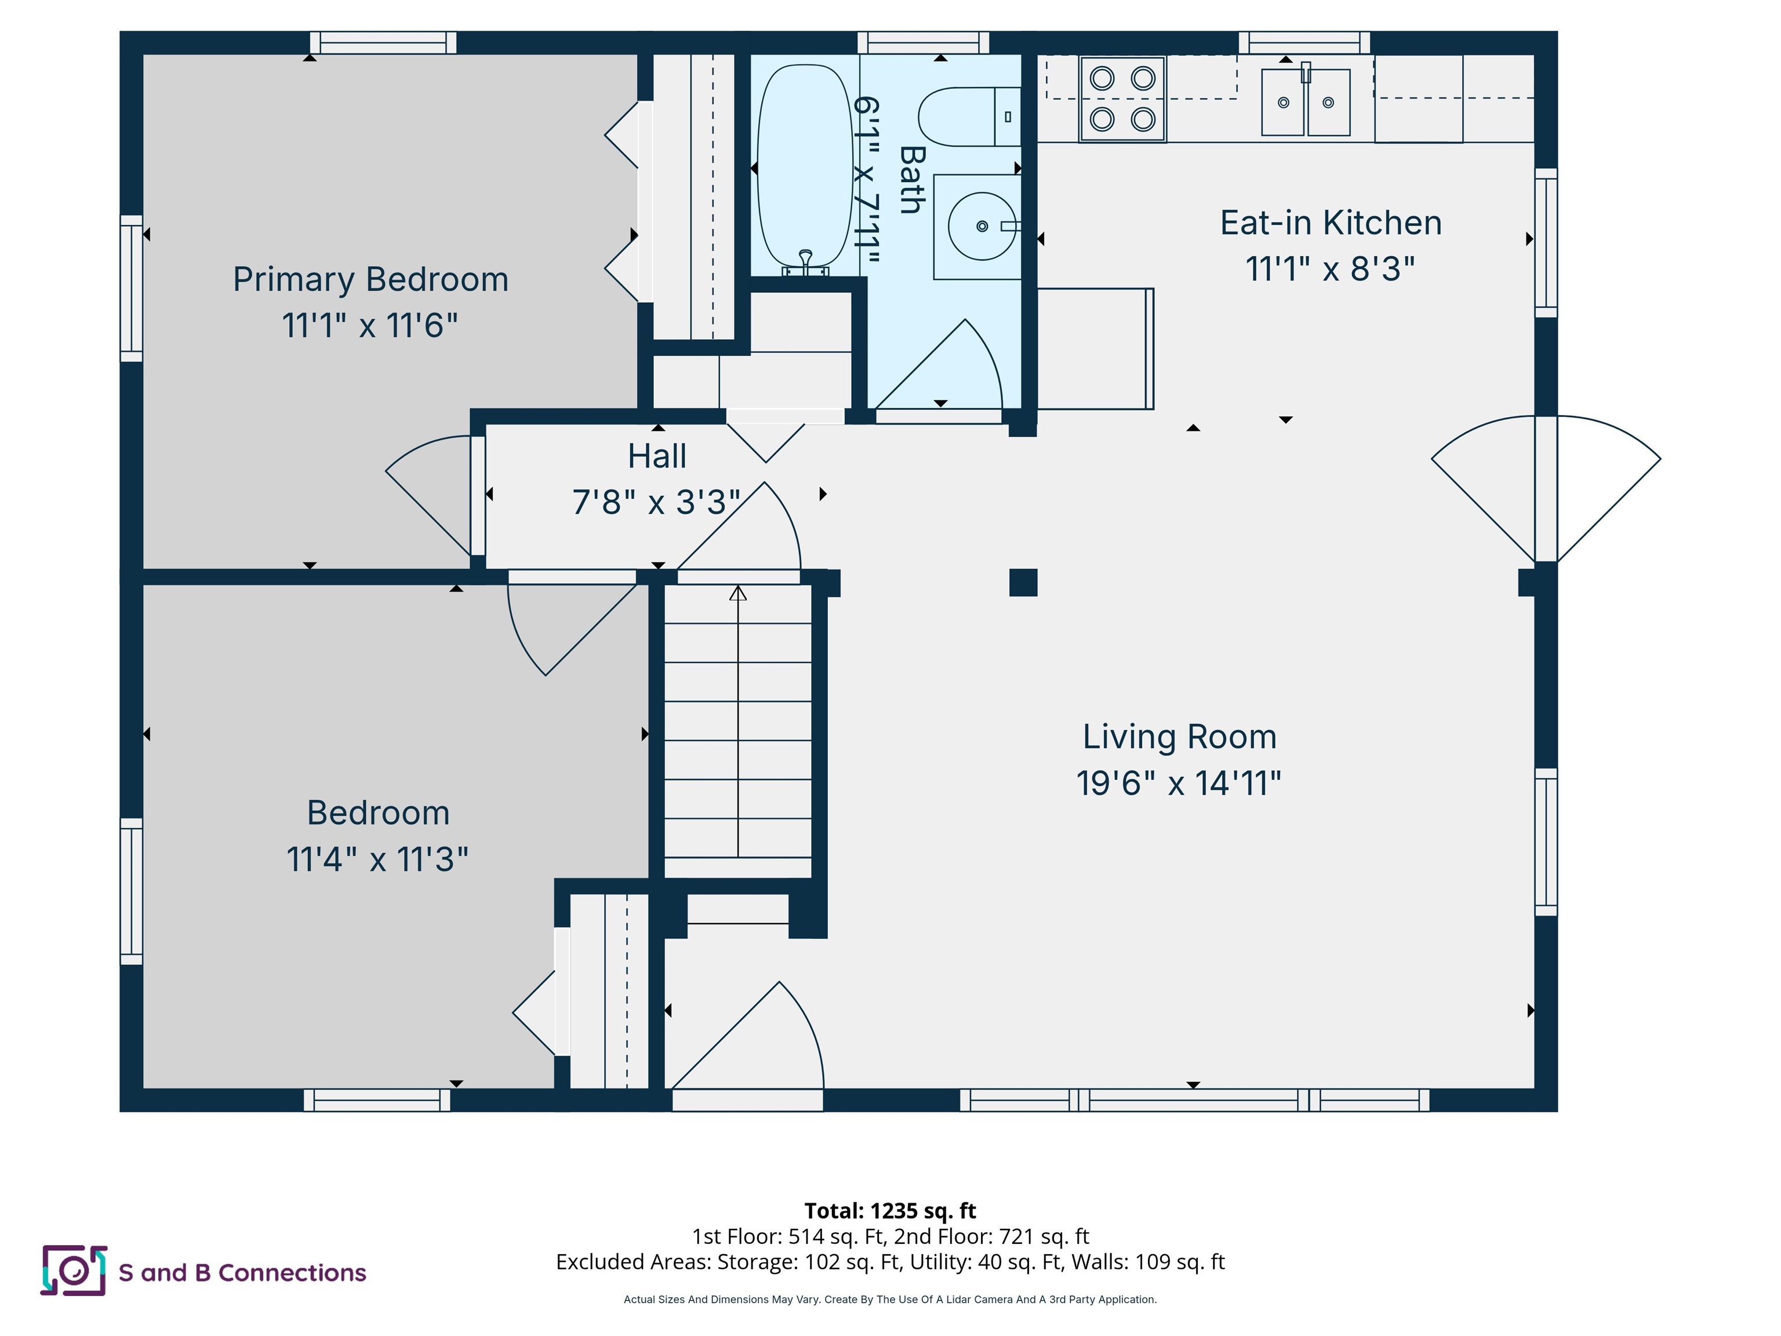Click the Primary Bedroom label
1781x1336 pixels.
pos(370,279)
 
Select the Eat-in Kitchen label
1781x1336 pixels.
pos(1330,223)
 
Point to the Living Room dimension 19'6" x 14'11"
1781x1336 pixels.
pos(1178,783)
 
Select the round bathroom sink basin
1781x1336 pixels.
pos(981,226)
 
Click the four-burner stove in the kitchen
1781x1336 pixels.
pos(1122,99)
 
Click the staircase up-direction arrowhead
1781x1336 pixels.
pos(737,594)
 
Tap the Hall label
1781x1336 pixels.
pos(657,456)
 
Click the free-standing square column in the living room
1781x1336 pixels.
pos(1023,582)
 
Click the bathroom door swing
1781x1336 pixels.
pos(950,371)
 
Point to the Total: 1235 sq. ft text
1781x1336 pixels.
pos(890,1210)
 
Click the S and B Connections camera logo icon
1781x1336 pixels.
pos(73,1270)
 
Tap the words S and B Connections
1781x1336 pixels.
pos(242,1272)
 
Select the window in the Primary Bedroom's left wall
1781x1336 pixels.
pos(131,288)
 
